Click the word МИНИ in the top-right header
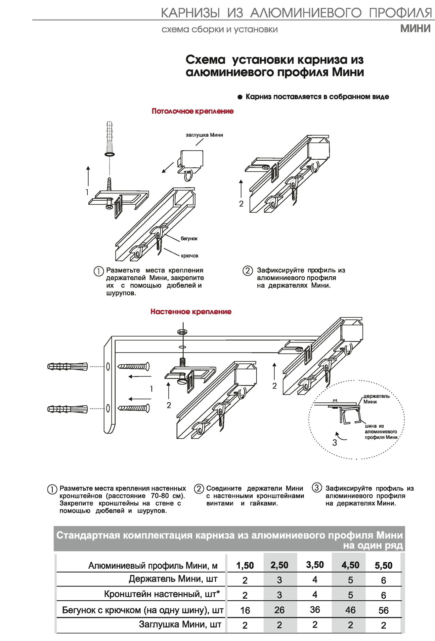415,29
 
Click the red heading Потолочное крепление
193,111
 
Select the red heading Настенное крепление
191,312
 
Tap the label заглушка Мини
204,135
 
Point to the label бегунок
189,239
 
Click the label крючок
190,256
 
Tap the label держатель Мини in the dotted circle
376,399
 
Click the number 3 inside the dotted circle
335,443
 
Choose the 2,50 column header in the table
280,565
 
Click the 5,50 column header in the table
383,565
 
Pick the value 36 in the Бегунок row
315,610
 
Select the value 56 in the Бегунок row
383,610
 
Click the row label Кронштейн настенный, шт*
162,594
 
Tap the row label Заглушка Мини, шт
180,624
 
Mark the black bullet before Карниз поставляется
240,97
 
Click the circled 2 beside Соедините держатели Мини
199,489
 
